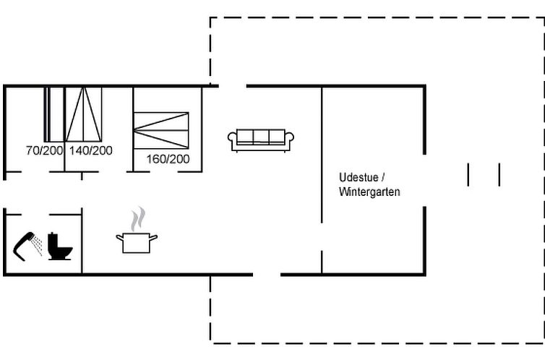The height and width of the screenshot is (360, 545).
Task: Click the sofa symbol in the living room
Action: coord(261,140)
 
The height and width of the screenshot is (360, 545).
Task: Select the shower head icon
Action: coord(25,245)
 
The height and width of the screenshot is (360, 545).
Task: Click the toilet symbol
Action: coord(60,247)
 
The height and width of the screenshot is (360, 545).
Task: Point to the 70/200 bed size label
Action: coord(45,150)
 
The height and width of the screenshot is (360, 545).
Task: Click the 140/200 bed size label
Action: coord(91,150)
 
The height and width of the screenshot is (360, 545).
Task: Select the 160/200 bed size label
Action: coord(168,159)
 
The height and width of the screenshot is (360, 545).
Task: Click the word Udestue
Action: coord(359,177)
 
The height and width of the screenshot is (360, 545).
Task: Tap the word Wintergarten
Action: coord(369,192)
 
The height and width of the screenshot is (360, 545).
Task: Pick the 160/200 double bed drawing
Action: coord(161,131)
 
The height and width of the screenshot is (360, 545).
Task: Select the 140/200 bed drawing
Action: coord(83,114)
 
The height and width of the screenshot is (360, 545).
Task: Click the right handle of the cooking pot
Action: coord(153,238)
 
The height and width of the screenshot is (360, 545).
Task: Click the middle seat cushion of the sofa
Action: coord(261,136)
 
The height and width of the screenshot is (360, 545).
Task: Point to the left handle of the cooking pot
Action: coord(120,238)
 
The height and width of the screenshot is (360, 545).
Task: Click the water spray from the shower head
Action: coord(37,245)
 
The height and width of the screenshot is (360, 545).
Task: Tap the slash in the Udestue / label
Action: coord(382,178)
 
